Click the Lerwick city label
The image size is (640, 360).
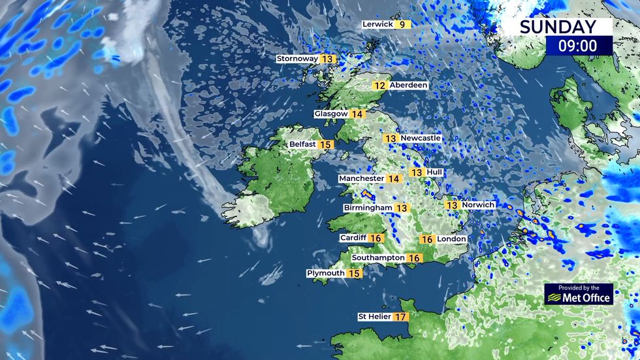pyautogui.click(x=378, y=24)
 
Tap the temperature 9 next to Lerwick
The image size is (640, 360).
pyautogui.click(x=402, y=25)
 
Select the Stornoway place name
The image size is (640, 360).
pyautogui.click(x=297, y=59)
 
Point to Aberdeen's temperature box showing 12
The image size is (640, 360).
pyautogui.click(x=379, y=86)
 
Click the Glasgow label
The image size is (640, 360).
pyautogui.click(x=331, y=114)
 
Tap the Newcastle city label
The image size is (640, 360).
pyautogui.click(x=421, y=139)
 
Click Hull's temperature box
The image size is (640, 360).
pyautogui.click(x=417, y=172)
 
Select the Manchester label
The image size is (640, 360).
pyautogui.click(x=361, y=178)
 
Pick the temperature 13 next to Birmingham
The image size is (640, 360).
pyautogui.click(x=402, y=208)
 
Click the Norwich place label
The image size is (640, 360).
pyautogui.click(x=479, y=205)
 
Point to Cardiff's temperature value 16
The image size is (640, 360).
pyautogui.click(x=376, y=238)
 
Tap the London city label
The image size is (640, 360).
pyautogui.click(x=452, y=239)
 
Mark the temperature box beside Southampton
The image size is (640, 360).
pyautogui.click(x=414, y=258)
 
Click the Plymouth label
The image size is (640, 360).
pyautogui.click(x=326, y=273)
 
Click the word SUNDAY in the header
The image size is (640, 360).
pyautogui.click(x=558, y=27)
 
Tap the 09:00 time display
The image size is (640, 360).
pyautogui.click(x=579, y=46)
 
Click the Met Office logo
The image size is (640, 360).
pyautogui.click(x=579, y=297)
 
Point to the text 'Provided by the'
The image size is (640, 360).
pyautogui.click(x=579, y=287)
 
